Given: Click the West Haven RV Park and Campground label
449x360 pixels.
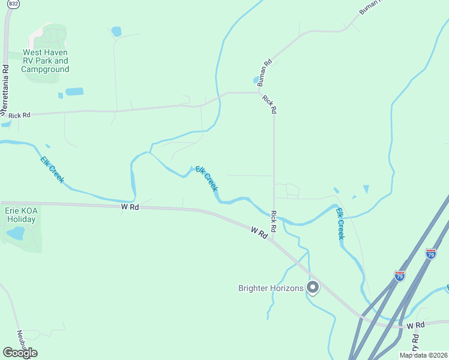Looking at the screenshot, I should click(x=45, y=61).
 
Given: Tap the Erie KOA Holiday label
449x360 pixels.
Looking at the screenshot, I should click(x=20, y=215).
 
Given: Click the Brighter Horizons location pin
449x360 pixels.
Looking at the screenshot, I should click(x=312, y=288).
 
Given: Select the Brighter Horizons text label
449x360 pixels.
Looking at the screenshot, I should click(x=271, y=288).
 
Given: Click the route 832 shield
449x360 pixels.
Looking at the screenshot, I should click(x=13, y=4).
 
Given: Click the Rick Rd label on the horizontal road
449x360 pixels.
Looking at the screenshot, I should click(x=19, y=115).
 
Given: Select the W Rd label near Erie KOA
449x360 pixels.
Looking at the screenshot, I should click(x=130, y=206).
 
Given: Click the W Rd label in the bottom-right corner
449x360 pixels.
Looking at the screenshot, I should click(x=415, y=325).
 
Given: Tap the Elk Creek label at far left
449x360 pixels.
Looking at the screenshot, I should click(x=52, y=169).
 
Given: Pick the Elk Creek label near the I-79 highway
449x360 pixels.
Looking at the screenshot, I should click(x=340, y=224).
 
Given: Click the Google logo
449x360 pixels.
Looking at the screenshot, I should click(x=20, y=353).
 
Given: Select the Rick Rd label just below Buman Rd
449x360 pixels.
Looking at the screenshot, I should click(x=270, y=104).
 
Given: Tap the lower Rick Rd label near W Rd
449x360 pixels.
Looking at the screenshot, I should click(x=273, y=221).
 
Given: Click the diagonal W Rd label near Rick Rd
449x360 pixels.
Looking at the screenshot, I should click(x=259, y=233).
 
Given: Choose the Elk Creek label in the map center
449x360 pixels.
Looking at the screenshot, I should click(x=206, y=178).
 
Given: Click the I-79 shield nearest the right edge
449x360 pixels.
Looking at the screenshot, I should click(x=430, y=254).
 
